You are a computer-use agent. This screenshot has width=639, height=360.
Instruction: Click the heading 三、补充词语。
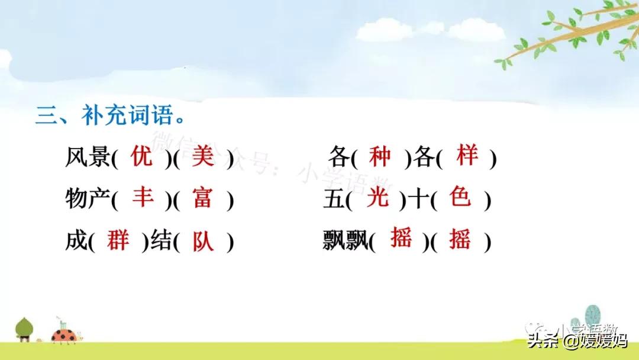(x=110, y=114)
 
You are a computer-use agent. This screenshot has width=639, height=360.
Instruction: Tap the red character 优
(x=143, y=157)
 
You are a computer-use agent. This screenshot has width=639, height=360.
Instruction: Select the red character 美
(x=203, y=157)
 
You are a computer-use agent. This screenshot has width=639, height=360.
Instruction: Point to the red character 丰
(x=143, y=197)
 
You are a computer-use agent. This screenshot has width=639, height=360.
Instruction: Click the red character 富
(x=202, y=198)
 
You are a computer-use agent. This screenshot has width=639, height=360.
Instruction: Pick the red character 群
(x=118, y=240)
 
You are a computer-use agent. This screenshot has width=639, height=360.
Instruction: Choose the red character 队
(x=203, y=242)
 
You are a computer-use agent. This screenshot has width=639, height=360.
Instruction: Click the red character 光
(x=377, y=197)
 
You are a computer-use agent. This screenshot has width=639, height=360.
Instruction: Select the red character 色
(x=460, y=197)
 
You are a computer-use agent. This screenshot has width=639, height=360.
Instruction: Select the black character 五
(x=333, y=200)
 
